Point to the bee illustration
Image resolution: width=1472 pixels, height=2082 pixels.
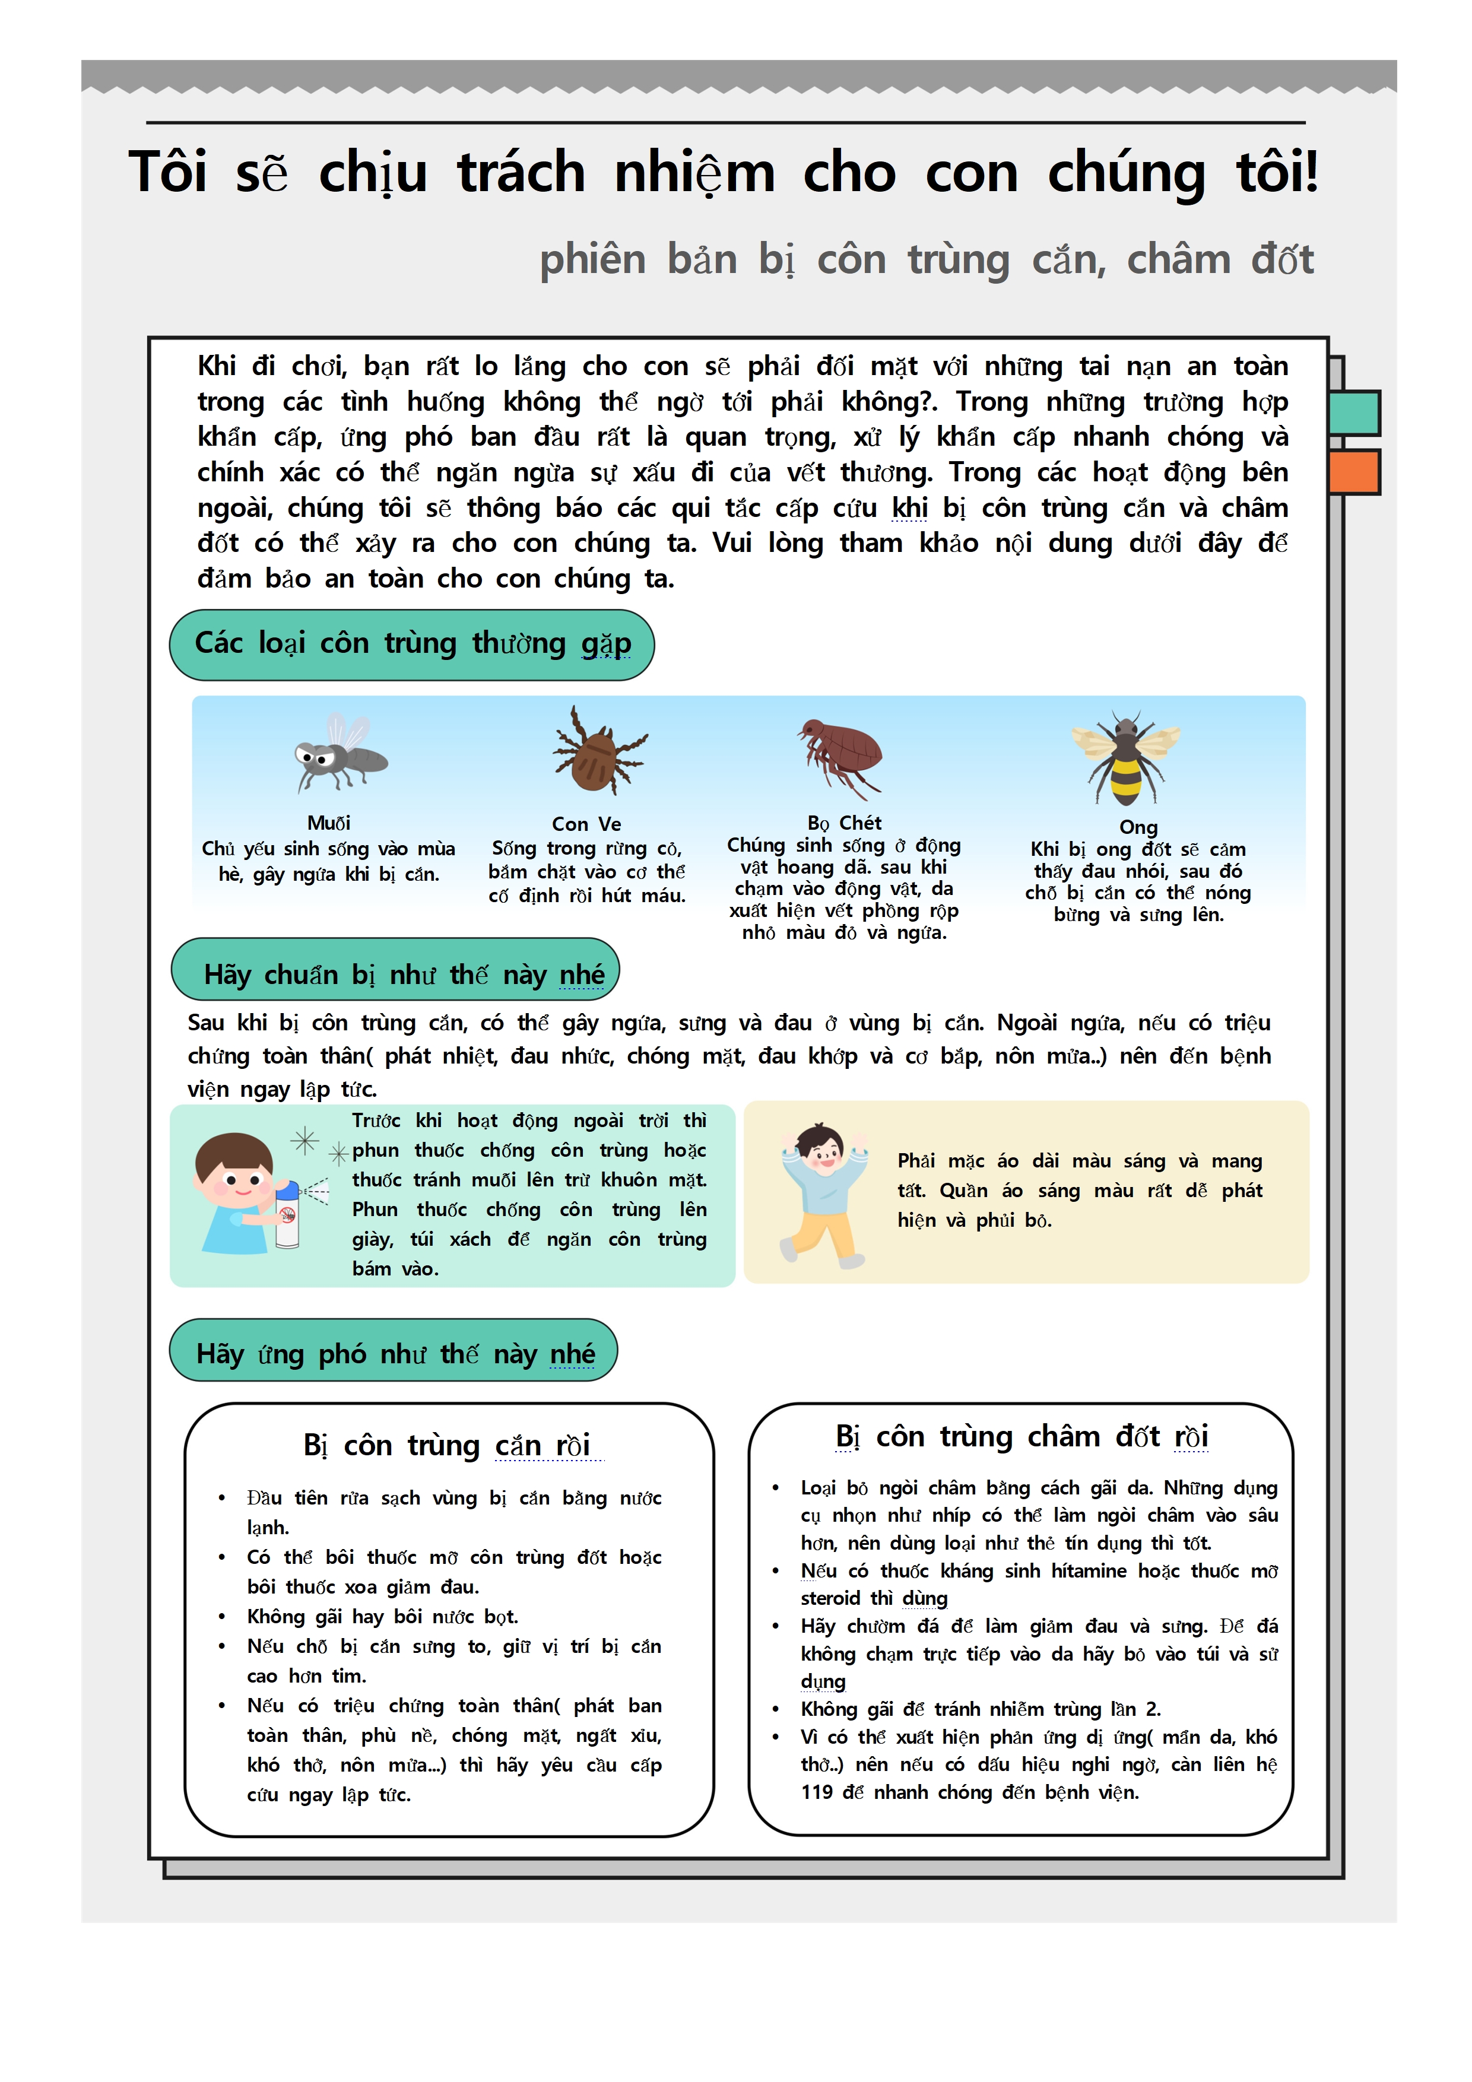pos(1125,758)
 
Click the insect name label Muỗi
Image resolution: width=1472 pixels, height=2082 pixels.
pos(328,823)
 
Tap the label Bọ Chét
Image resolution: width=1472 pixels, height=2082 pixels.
pos(843,823)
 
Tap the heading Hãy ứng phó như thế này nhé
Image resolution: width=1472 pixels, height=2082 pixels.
pos(395,1353)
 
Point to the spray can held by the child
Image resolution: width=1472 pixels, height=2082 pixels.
pos(287,1214)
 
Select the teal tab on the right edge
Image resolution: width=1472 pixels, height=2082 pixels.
pos(1354,412)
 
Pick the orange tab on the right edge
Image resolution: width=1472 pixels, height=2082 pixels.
pos(1354,471)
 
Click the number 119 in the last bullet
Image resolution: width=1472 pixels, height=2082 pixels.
pos(816,1792)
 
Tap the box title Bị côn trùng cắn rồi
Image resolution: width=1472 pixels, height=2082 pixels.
pos(447,1445)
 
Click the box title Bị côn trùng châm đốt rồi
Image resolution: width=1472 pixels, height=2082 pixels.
pos(1021,1436)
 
